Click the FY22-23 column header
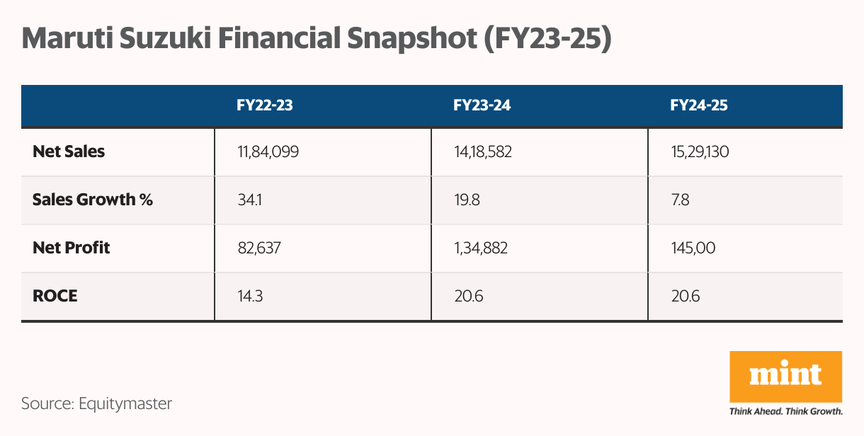click(265, 106)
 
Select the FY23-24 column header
click(482, 106)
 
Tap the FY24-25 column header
click(699, 106)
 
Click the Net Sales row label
click(69, 151)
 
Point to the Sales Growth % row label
click(93, 200)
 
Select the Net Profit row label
click(72, 248)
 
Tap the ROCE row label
click(55, 296)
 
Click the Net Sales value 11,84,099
click(268, 151)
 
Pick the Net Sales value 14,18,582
click(484, 151)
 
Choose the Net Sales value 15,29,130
click(700, 151)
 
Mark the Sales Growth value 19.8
click(467, 200)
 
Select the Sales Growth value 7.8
click(680, 200)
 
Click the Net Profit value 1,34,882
click(482, 248)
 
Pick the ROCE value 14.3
click(250, 296)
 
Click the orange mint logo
click(786, 376)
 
